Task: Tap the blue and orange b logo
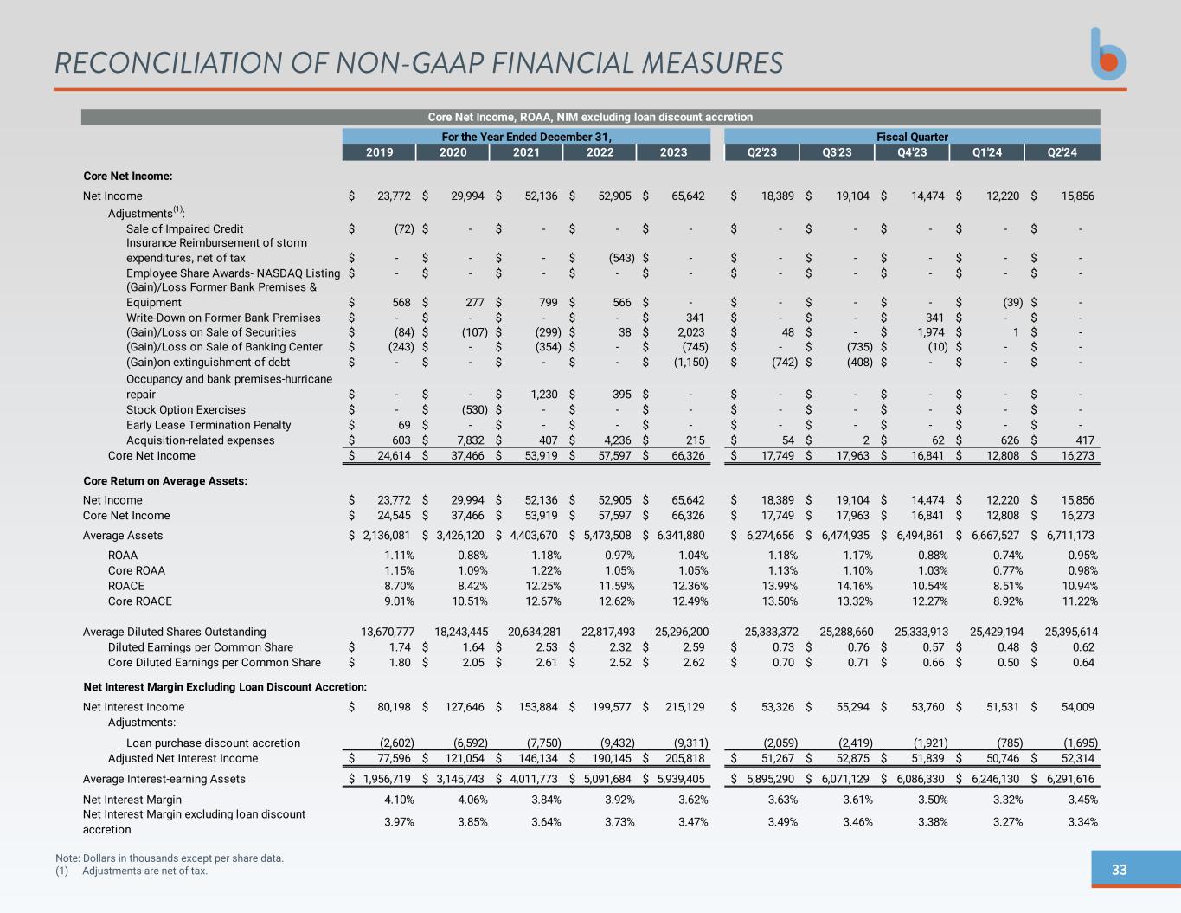click(1108, 55)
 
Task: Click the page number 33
click(1119, 870)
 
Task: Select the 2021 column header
click(526, 152)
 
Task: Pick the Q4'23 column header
click(912, 152)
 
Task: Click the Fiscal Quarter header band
click(912, 137)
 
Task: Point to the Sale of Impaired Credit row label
click(184, 229)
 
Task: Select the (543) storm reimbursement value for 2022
click(622, 258)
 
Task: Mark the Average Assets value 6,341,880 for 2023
click(681, 536)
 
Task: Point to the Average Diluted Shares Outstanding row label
click(174, 633)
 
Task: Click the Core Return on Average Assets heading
click(165, 481)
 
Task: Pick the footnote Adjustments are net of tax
click(144, 871)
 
